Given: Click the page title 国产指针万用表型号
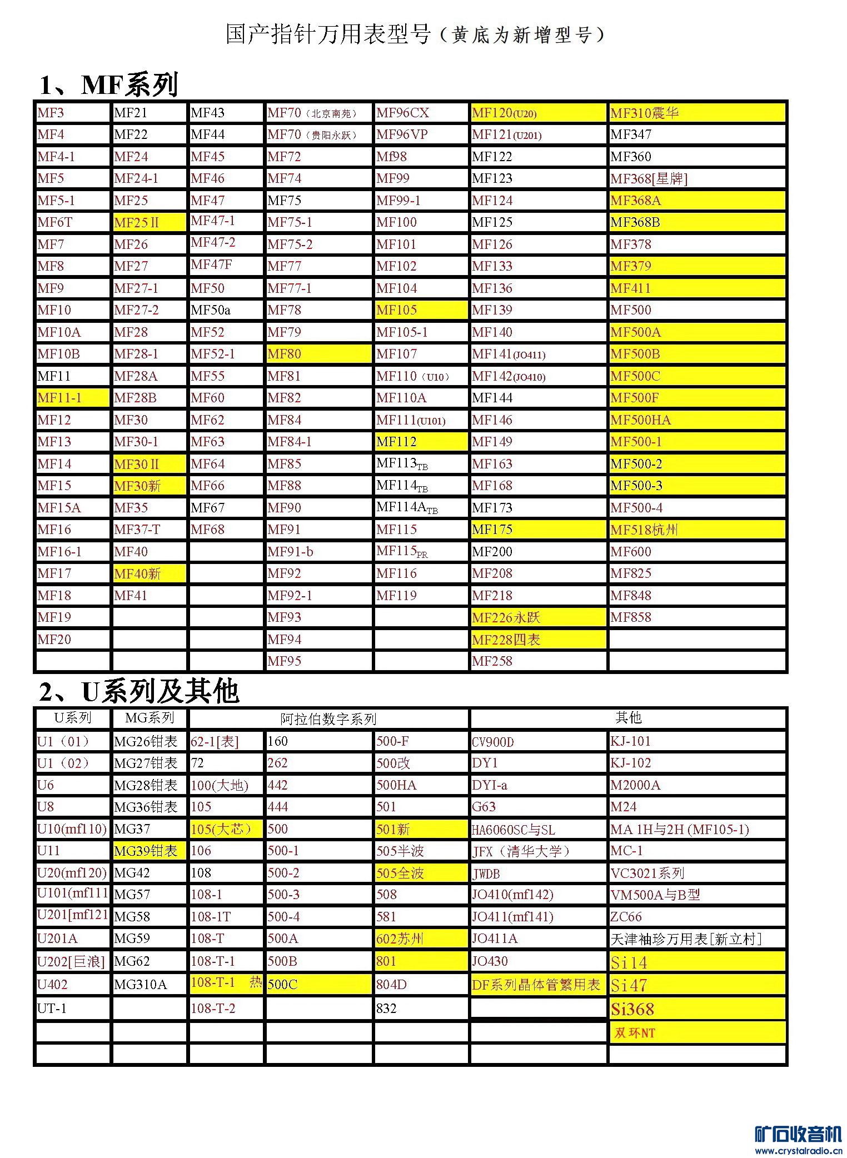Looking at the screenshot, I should [x=328, y=34].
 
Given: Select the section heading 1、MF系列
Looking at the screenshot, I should [x=108, y=85].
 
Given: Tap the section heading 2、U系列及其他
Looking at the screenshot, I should [x=138, y=691].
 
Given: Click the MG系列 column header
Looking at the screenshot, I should [x=149, y=718].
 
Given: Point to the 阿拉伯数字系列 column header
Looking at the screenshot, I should [x=328, y=719].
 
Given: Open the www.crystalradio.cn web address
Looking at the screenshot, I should [x=798, y=1150].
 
